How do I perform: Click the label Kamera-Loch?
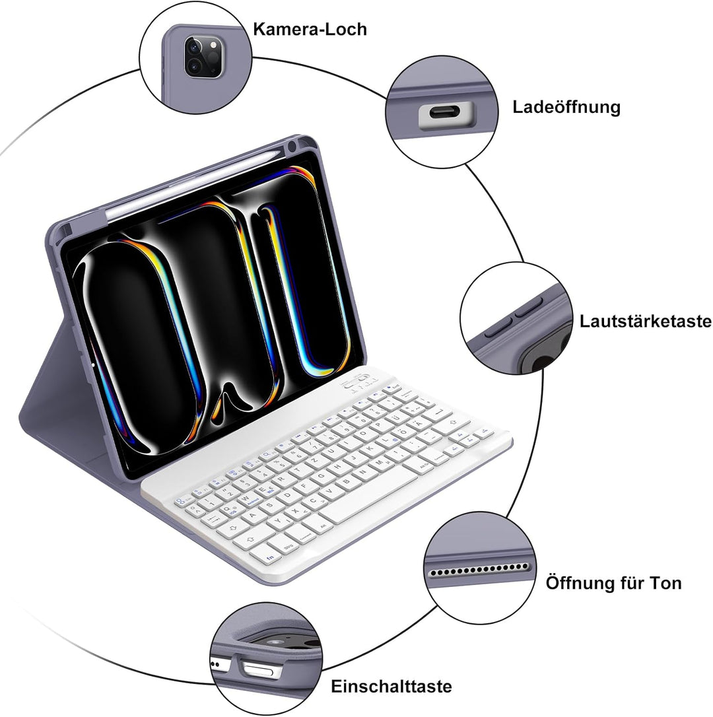click(x=310, y=29)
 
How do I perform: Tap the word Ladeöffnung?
click(x=566, y=108)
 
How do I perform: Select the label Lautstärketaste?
click(x=645, y=321)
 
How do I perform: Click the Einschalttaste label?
click(x=391, y=687)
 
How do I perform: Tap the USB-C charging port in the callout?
click(x=446, y=113)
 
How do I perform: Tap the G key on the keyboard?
click(x=320, y=477)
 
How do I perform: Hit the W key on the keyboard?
click(x=245, y=498)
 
